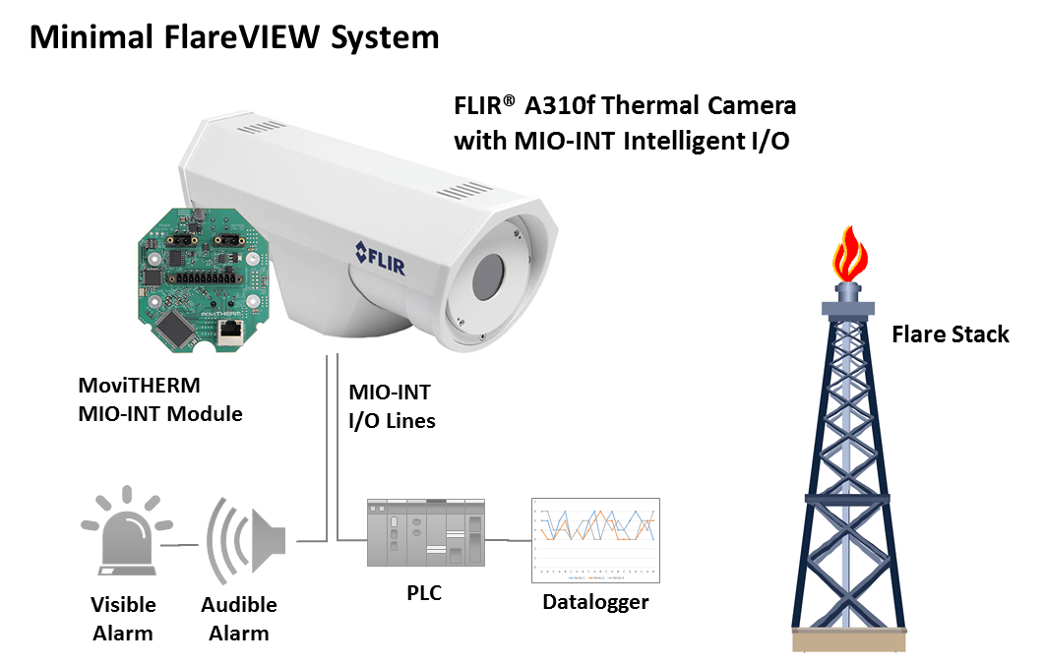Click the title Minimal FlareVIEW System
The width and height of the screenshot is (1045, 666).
(234, 37)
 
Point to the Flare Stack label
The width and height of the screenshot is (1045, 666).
(950, 334)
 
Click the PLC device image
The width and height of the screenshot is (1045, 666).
(426, 532)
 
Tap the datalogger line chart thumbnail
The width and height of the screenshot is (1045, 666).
(594, 540)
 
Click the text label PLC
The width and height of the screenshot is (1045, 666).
(426, 594)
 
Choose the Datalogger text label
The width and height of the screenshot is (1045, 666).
(595, 601)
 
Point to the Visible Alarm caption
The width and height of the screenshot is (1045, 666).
(123, 619)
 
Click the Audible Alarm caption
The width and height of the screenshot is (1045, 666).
(239, 619)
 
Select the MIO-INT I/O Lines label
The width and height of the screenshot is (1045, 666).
(392, 406)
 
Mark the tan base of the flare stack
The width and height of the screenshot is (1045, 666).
(849, 639)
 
